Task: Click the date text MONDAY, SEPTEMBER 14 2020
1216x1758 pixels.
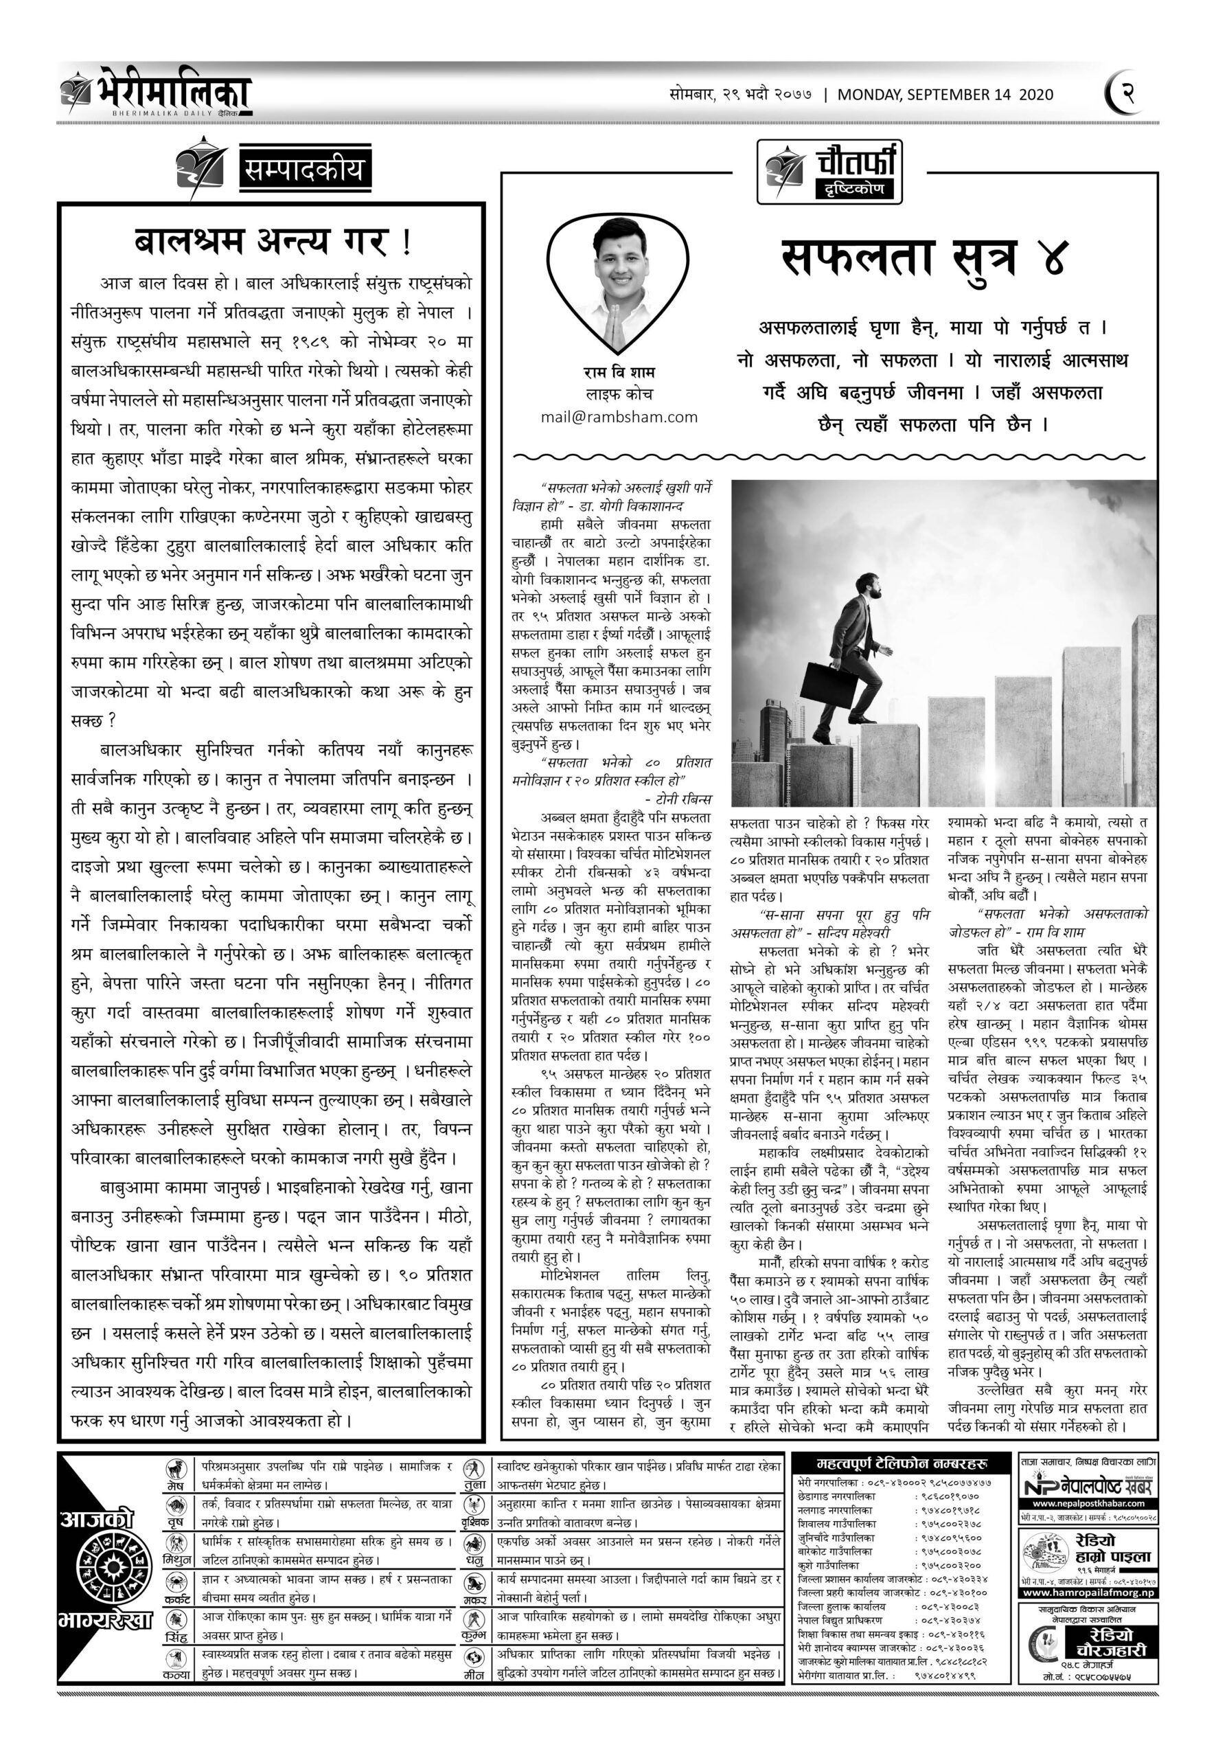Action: tap(945, 95)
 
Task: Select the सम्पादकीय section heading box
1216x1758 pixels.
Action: tap(304, 169)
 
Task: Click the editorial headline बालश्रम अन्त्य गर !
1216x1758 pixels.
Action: tap(272, 242)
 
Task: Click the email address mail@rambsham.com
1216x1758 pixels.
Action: tap(619, 417)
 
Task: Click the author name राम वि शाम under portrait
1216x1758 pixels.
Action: tap(619, 372)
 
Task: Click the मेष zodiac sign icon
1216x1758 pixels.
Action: tap(178, 1468)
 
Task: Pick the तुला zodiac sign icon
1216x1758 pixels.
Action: tap(474, 1468)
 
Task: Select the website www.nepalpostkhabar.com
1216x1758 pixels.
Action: tap(1089, 1503)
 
